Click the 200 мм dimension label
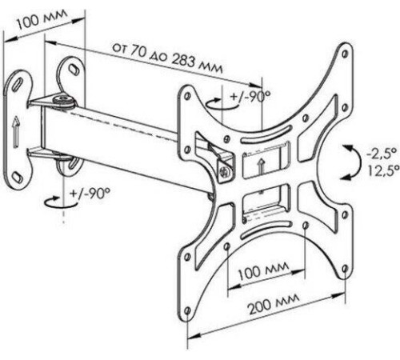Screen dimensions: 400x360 coord(274,304)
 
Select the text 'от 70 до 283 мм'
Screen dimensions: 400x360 coord(167,58)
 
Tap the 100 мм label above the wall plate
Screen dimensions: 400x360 coord(42,18)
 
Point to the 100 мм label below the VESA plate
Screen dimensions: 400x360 coord(263,270)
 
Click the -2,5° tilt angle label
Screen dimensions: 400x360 coord(382,154)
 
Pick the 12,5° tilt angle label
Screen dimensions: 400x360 coord(384,170)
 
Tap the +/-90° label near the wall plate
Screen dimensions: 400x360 coord(90,193)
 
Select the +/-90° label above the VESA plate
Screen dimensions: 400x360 coord(250,96)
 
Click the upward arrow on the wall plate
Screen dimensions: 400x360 coord(16,131)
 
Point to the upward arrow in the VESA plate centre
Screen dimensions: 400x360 coord(262,166)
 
